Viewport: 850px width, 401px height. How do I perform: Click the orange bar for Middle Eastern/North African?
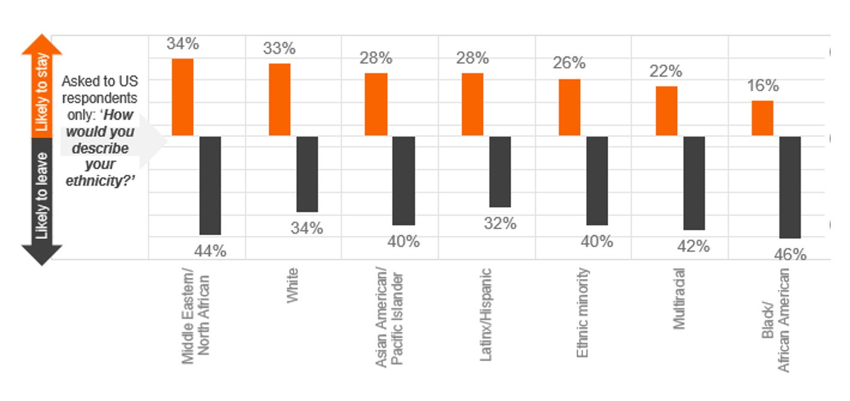point(183,97)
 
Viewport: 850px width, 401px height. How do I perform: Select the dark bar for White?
point(307,174)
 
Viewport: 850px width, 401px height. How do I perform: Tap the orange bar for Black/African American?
point(762,118)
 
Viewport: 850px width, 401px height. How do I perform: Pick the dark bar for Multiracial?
point(694,183)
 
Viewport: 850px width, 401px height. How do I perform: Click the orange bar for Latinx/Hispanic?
point(473,104)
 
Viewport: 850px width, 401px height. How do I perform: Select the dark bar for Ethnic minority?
point(597,181)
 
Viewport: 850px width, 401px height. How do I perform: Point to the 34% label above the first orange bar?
point(183,44)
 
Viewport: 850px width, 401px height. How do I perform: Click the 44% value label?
point(211,251)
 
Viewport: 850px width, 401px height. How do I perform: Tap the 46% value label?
point(791,255)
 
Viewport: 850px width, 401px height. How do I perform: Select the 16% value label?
point(763,86)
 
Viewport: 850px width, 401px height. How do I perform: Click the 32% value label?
point(500,223)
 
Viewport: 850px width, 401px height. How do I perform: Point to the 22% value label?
point(666,71)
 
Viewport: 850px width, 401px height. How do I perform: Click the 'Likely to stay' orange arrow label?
point(41,90)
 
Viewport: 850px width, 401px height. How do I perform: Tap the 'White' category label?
point(293,286)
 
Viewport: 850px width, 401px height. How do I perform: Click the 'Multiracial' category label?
point(679,298)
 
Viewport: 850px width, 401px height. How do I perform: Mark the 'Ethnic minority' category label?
point(582,312)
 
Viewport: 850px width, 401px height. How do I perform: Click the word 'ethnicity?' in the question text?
point(102,181)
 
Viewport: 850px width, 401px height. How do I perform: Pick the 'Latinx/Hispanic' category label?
point(486,314)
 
